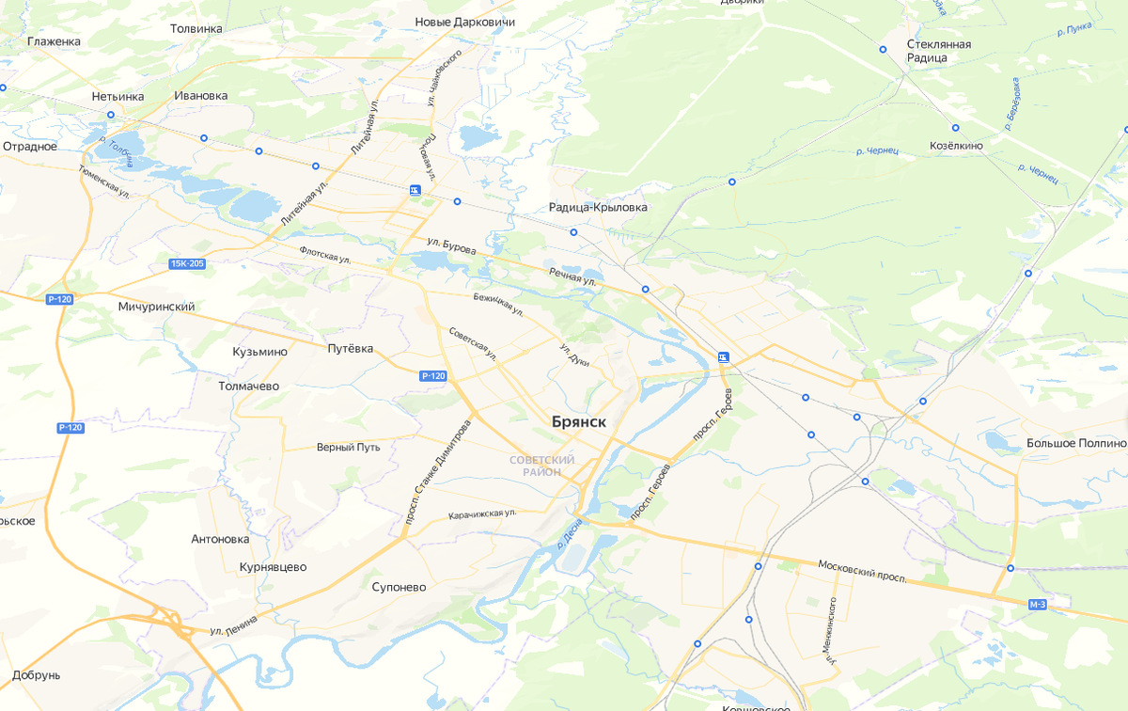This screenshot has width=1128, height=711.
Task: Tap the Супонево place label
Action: tap(399, 587)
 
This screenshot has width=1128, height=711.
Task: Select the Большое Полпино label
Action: tap(1075, 443)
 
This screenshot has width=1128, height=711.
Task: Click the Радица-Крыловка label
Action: tap(598, 207)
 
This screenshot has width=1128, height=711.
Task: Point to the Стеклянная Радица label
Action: tap(938, 51)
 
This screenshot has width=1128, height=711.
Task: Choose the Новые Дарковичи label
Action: tap(466, 22)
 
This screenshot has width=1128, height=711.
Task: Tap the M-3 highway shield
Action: tap(1037, 605)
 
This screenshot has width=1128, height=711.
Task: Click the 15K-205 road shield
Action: tap(187, 263)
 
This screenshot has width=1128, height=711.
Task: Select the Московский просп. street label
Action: tap(863, 570)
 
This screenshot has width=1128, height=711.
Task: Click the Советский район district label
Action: tap(541, 466)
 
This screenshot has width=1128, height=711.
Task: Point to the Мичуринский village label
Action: tap(156, 307)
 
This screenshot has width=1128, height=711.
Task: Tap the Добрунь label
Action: tap(37, 675)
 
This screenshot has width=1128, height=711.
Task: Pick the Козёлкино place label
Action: tap(956, 146)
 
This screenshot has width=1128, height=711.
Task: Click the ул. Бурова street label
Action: tap(451, 246)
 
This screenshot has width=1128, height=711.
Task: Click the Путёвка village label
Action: tap(350, 349)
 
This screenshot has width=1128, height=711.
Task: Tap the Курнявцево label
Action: tap(273, 567)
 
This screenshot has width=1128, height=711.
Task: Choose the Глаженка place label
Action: tap(54, 41)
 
